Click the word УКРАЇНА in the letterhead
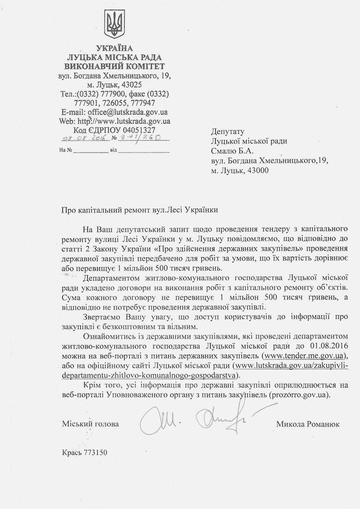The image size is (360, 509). point(114,48)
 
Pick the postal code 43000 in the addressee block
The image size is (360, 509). point(255,170)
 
